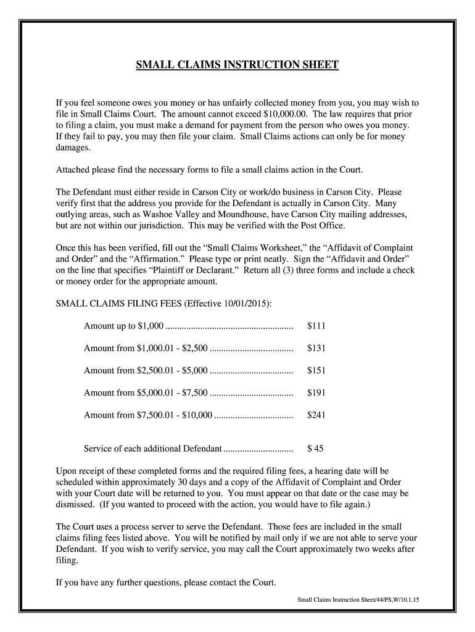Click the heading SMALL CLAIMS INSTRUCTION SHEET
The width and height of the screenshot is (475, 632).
(x=238, y=65)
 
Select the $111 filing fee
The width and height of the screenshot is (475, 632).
(x=316, y=326)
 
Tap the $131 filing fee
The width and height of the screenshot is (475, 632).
(x=316, y=348)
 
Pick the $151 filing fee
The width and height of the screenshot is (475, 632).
(x=316, y=370)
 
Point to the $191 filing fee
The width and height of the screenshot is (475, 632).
(x=316, y=393)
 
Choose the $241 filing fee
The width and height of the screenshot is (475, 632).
(x=316, y=415)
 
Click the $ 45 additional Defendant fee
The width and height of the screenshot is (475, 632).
(x=315, y=448)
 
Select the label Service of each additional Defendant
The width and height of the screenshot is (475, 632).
(x=152, y=448)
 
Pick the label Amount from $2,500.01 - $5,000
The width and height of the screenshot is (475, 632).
(x=147, y=370)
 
